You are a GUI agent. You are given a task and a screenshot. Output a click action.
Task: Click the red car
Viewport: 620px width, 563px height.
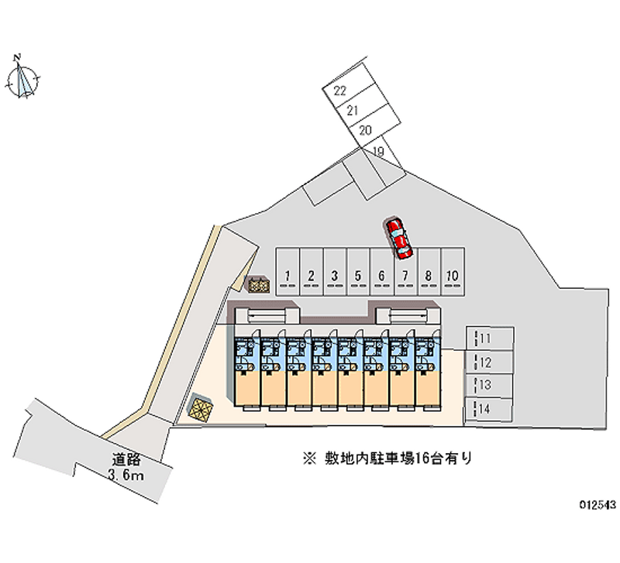point(400,238)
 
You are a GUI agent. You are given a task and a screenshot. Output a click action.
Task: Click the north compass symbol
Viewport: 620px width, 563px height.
point(26,78)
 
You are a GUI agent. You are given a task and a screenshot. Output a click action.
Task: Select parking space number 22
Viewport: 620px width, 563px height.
point(342,91)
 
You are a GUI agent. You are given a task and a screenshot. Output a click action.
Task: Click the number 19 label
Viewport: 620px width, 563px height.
point(378,151)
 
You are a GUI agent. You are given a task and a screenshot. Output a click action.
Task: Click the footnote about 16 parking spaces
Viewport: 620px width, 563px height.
point(387,458)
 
